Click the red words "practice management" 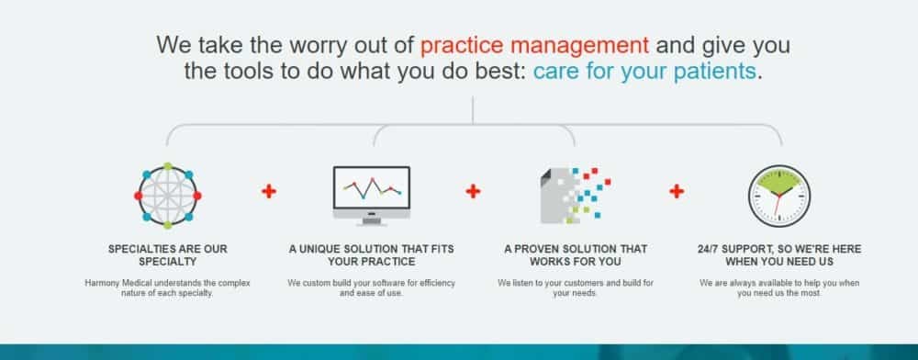coord(534,45)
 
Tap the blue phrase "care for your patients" coord(644,72)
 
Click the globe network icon coord(167,196)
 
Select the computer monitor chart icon coord(372,196)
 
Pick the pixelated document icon coord(575,195)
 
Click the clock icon coord(779,197)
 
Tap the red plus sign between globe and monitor coord(269,191)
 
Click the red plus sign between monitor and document coord(473,191)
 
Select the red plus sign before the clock coord(677,191)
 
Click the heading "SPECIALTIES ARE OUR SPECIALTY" coord(167,255)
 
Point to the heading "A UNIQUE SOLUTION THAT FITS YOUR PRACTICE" coord(371,255)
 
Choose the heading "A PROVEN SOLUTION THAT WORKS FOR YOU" coord(575,255)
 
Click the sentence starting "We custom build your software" coord(371,288)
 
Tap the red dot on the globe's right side coord(197,196)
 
